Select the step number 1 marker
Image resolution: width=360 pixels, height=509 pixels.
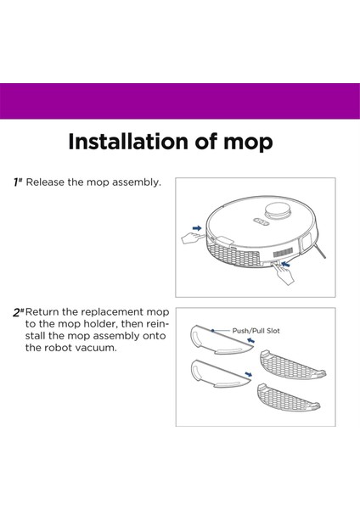click(18, 182)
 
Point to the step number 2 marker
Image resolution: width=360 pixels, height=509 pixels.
click(18, 312)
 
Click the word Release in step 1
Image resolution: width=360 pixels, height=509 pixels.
click(45, 182)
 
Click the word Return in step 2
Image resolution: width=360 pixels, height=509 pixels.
click(42, 312)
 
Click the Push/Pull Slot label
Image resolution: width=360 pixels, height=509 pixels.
click(256, 331)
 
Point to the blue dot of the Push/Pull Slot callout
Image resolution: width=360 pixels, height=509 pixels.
click(212, 331)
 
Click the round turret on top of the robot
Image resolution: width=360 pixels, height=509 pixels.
click(277, 211)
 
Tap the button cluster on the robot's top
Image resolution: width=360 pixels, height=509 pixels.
click(261, 221)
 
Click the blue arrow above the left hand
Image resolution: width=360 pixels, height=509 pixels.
click(197, 228)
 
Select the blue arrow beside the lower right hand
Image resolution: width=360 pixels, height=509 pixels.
click(285, 263)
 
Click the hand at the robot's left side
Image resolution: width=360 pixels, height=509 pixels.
click(192, 238)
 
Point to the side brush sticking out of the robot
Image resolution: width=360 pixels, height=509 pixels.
click(320, 252)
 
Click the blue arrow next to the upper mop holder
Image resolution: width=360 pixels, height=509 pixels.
click(250, 340)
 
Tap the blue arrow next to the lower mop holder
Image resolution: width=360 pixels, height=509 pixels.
click(249, 374)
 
